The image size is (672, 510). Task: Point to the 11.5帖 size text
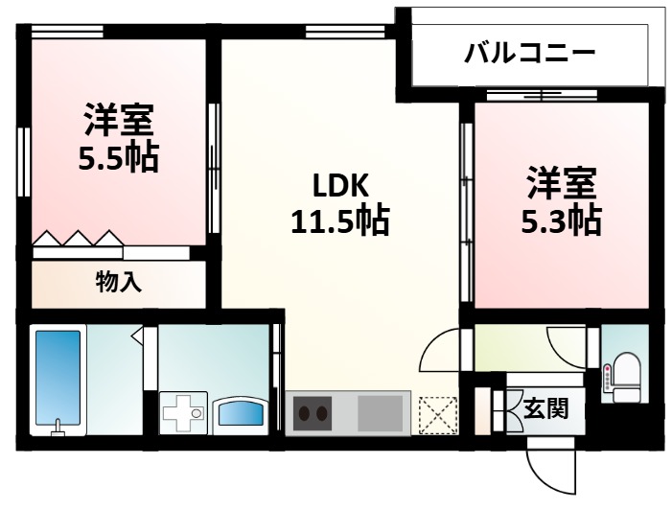[339, 222]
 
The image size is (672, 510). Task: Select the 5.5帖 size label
[119, 156]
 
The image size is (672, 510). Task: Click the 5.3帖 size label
[561, 220]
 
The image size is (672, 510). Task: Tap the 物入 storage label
[119, 283]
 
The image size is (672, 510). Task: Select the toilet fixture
[627, 374]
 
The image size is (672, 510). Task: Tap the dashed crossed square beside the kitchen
[439, 415]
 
